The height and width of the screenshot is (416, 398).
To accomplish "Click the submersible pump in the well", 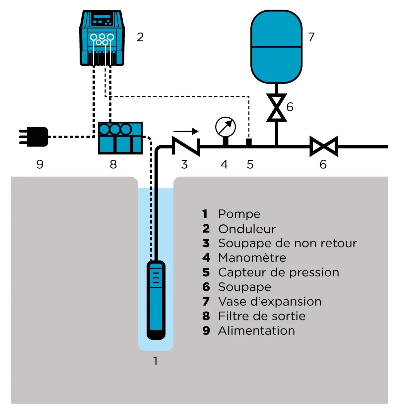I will click(x=156, y=300).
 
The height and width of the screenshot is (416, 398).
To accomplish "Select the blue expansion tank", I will click(x=276, y=46).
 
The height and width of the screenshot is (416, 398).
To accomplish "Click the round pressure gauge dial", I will click(x=225, y=127).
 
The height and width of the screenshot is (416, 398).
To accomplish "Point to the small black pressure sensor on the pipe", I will click(x=248, y=142).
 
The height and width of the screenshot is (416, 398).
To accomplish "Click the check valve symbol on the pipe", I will click(x=186, y=146).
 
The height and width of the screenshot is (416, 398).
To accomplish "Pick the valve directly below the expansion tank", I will click(x=276, y=108).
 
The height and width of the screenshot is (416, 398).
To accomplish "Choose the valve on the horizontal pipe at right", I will click(x=323, y=146).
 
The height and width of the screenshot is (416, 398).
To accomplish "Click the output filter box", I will click(x=120, y=138).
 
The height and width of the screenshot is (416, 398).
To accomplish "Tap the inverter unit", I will click(x=102, y=38).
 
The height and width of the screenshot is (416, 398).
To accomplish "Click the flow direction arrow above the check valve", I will click(x=186, y=131).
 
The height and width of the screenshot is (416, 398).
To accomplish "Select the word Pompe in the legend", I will click(x=239, y=214).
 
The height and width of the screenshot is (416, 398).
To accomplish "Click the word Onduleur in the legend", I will click(x=247, y=229).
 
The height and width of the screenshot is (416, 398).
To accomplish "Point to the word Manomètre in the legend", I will click(x=252, y=258).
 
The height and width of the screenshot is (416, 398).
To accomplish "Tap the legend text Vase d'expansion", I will click(x=270, y=302).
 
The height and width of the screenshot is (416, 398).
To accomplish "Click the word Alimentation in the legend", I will click(x=256, y=331).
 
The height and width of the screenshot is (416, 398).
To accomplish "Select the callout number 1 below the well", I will click(x=156, y=361).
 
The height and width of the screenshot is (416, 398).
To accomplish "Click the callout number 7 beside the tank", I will click(x=311, y=37).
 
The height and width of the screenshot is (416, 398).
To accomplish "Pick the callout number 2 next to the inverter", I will click(x=140, y=37).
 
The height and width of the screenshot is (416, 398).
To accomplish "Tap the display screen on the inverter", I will click(x=101, y=17).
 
